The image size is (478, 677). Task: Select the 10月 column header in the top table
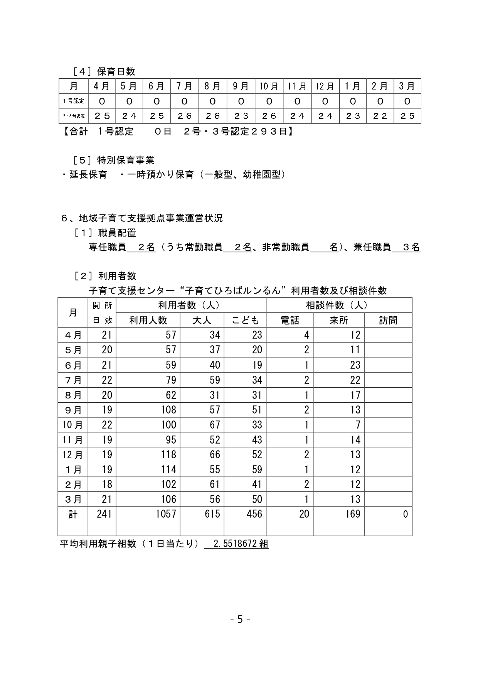[269, 86]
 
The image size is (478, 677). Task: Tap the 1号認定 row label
[74, 101]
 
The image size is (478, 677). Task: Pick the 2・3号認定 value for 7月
[185, 116]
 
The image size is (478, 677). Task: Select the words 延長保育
[88, 175]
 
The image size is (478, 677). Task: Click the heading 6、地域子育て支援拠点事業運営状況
[142, 218]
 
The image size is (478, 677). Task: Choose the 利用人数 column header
[148, 320]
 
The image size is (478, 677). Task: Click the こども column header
[245, 320]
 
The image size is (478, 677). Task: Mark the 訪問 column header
[388, 320]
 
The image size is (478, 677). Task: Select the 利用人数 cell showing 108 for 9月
[168, 410]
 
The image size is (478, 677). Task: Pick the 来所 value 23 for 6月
[355, 365]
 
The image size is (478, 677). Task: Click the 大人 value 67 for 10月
[215, 425]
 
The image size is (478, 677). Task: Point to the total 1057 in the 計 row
[166, 514]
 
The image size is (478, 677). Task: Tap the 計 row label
[73, 515]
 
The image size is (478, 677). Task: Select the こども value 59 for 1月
[257, 469]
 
